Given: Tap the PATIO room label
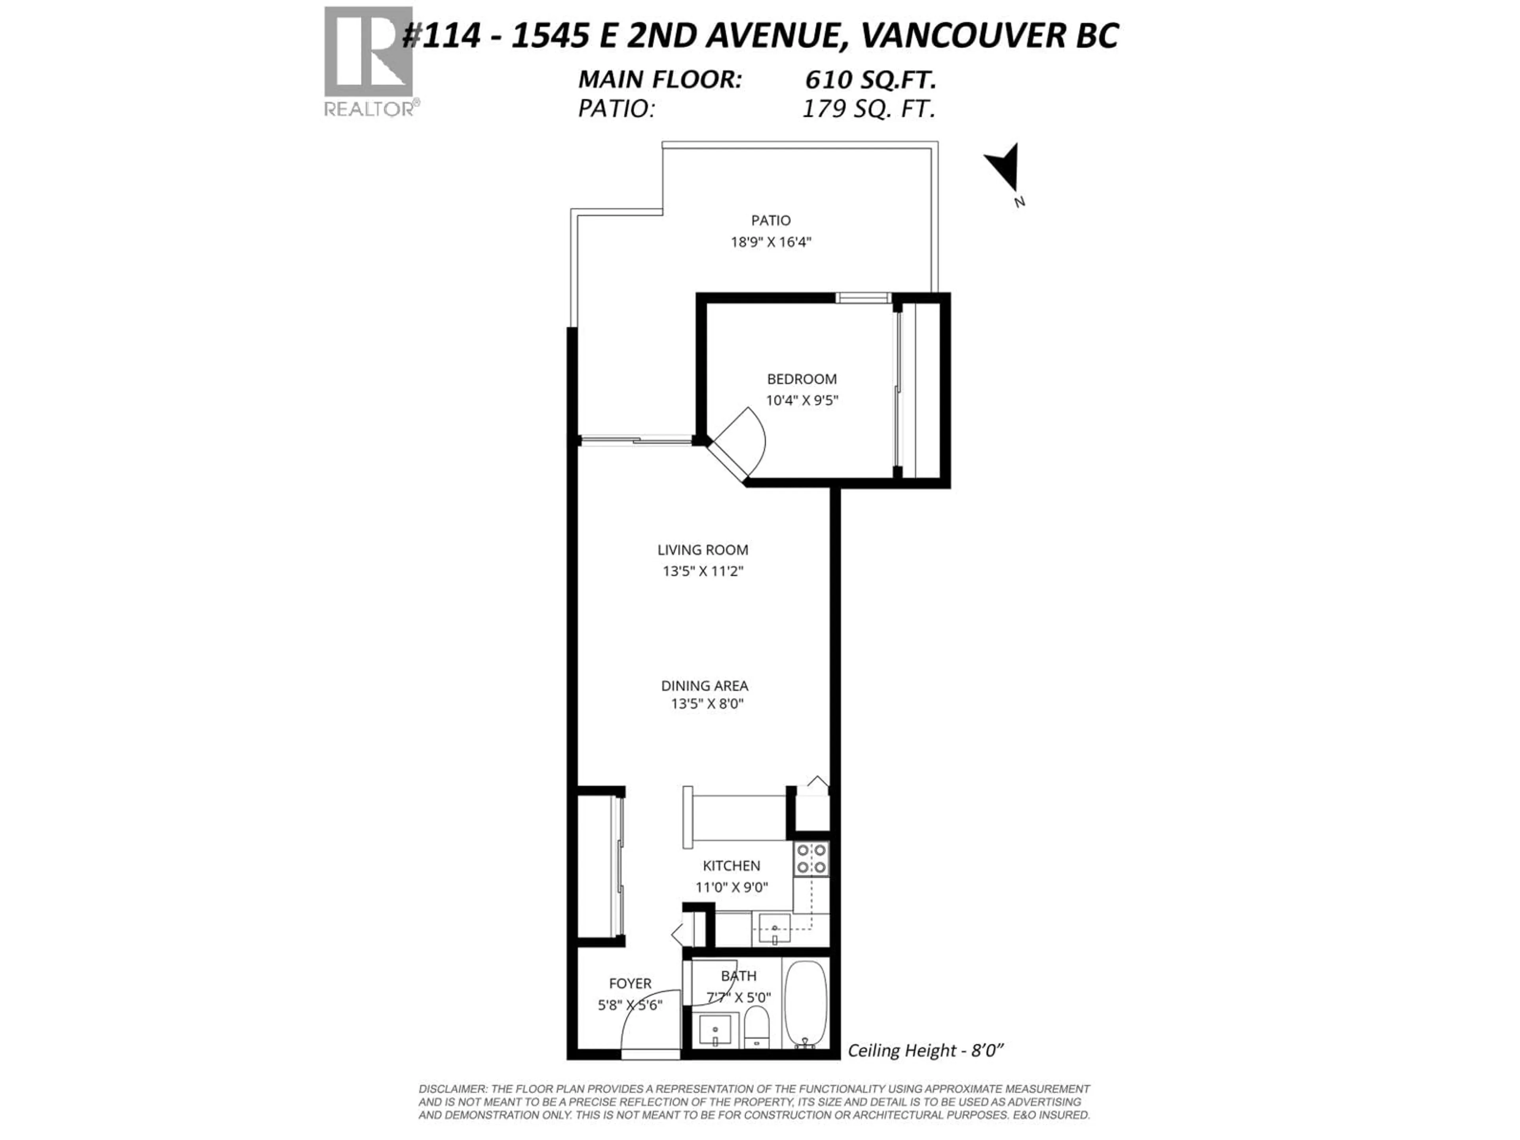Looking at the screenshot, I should (x=770, y=220).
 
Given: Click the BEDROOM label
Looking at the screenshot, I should (x=801, y=379).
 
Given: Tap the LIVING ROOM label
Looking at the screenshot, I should (x=702, y=550).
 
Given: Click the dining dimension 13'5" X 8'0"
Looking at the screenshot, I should (x=707, y=704).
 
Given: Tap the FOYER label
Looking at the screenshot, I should (x=629, y=984).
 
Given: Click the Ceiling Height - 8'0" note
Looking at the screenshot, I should (x=925, y=1050).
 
